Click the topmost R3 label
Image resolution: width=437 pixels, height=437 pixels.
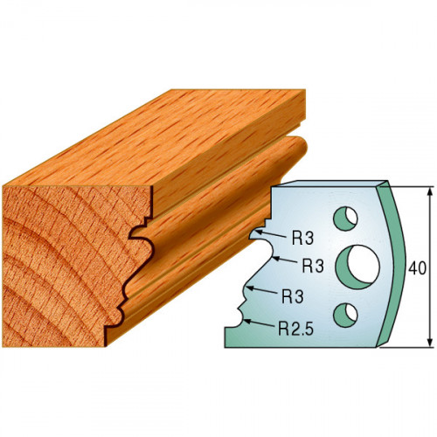pos(302,239)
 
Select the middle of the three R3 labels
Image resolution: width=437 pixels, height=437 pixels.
pos(313,266)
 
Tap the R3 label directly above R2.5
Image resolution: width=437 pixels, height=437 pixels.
pos(293,296)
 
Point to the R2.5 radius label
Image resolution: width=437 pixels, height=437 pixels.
pos(295,329)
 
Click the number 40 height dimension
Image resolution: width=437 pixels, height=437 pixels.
pos(417,268)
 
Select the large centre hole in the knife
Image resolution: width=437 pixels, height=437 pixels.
pos(358,267)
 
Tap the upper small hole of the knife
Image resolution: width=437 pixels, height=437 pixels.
pos(345,218)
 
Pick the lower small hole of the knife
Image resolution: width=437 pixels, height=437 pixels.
pos(345,315)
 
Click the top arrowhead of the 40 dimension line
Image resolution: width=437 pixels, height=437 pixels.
pos(430,191)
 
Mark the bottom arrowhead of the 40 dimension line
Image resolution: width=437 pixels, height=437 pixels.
pos(430,343)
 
